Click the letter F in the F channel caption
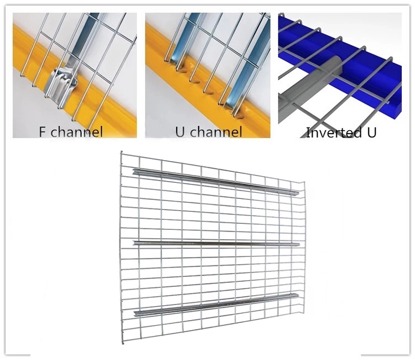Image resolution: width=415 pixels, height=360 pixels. (42, 132)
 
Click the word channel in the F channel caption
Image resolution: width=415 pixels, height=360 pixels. (76, 131)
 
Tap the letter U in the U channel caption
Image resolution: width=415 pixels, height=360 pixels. (180, 132)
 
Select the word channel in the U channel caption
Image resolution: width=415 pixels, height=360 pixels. (216, 131)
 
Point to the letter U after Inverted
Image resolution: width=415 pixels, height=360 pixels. (371, 132)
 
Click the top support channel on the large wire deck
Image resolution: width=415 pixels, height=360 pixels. (216, 181)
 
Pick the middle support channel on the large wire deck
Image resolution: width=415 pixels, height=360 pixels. (216, 243)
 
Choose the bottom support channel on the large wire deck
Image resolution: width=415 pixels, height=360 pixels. (216, 305)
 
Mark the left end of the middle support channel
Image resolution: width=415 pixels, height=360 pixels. (134, 243)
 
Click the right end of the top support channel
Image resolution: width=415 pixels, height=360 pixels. (298, 193)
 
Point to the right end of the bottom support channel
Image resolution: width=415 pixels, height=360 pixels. (298, 296)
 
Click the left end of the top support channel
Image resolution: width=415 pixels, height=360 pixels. (133, 171)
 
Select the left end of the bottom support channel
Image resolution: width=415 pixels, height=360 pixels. (134, 313)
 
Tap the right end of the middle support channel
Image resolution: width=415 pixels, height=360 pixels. (299, 244)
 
